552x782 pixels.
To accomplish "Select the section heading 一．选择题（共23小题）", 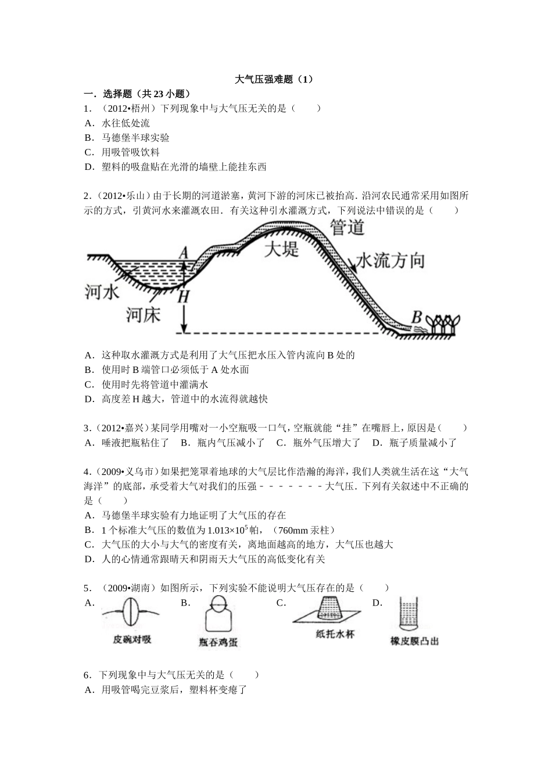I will tap(137, 94).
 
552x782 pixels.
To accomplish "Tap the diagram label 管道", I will tap(347, 227).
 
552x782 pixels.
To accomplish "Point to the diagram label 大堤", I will tap(281, 249).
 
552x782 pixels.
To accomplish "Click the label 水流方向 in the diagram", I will tap(390, 261).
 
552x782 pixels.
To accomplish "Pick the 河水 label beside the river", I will tap(103, 292).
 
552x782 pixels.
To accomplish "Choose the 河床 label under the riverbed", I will tap(143, 315).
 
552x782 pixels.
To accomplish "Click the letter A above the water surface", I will tap(184, 253).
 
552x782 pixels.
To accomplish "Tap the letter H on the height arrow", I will tap(184, 296).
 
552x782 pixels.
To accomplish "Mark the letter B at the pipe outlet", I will tap(416, 317).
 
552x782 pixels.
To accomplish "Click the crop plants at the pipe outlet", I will tap(445, 324).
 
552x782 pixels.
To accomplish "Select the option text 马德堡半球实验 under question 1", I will tap(135, 138).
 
